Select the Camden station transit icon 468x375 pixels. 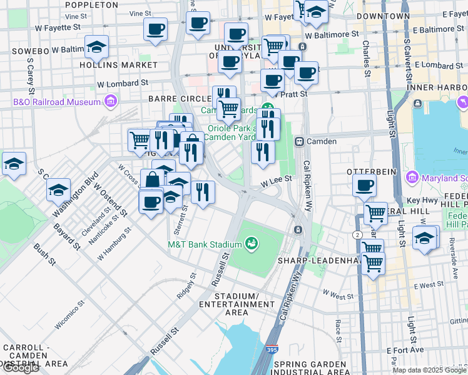point(299,141)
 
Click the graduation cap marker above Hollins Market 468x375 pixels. point(97,47)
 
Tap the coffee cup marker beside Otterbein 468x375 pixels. point(364,185)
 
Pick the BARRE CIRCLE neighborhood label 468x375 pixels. point(180,99)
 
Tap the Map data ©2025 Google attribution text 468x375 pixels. point(429,370)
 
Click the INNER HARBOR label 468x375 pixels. point(437,87)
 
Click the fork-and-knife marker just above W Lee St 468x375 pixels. point(263,152)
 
